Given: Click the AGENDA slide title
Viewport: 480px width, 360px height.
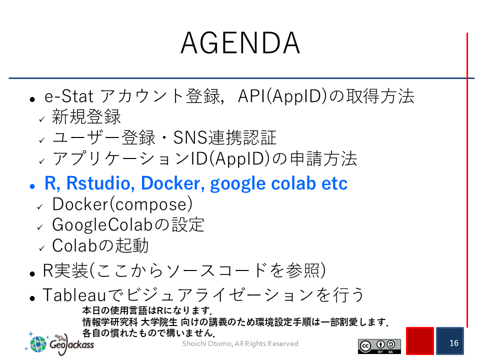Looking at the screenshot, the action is [x=240, y=43].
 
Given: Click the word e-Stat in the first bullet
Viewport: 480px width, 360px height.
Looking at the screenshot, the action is [x=69, y=96].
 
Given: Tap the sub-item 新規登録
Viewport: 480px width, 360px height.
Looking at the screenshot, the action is [x=86, y=116].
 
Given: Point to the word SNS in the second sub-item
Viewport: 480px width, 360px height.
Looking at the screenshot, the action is [x=190, y=137].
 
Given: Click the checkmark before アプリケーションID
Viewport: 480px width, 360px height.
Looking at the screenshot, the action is [x=42, y=161].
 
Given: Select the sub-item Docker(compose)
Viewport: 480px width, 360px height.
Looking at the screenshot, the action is [x=122, y=204].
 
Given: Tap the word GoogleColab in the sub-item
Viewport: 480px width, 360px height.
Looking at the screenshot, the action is [x=102, y=224].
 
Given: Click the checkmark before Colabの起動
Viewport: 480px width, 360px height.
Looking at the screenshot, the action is [x=42, y=248].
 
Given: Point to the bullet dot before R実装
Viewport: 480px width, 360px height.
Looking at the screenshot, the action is [x=32, y=273].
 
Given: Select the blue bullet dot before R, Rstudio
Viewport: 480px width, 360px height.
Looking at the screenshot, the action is [x=32, y=186].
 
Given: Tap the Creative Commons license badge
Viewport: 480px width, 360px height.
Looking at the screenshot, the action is [x=379, y=346].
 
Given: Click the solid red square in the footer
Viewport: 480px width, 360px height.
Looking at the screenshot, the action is [x=420, y=340].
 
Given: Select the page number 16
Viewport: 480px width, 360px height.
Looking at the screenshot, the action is [x=453, y=343].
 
